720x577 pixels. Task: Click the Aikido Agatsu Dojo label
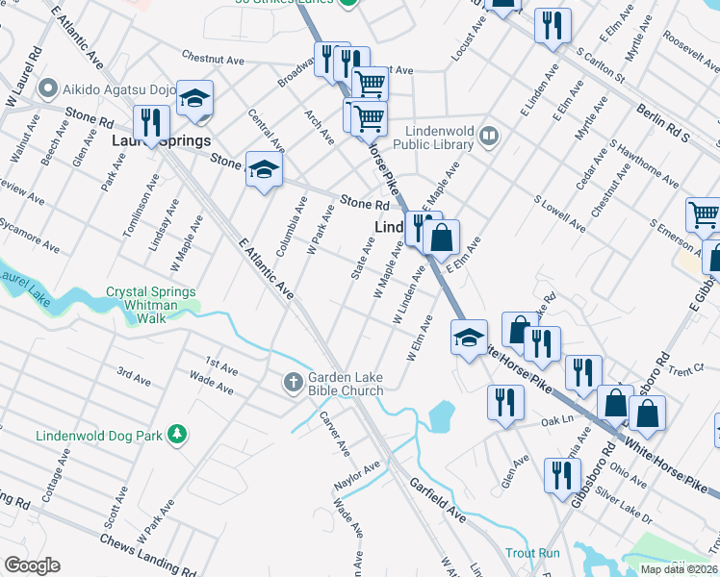tap(116, 89)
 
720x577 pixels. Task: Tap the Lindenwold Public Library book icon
tap(489, 137)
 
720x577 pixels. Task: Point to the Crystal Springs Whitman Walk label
tap(150, 298)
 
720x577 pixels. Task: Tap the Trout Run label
tap(532, 554)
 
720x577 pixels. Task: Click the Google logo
tap(32, 565)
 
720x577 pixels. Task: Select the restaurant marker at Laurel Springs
tap(151, 122)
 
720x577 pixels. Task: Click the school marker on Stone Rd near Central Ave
tap(263, 170)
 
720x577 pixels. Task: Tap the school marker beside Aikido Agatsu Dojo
tap(194, 99)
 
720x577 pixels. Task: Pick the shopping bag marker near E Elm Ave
tap(440, 238)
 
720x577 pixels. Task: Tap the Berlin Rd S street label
tap(662, 123)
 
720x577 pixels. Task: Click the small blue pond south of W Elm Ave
tap(439, 416)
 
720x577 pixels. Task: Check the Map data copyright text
tap(680, 569)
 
